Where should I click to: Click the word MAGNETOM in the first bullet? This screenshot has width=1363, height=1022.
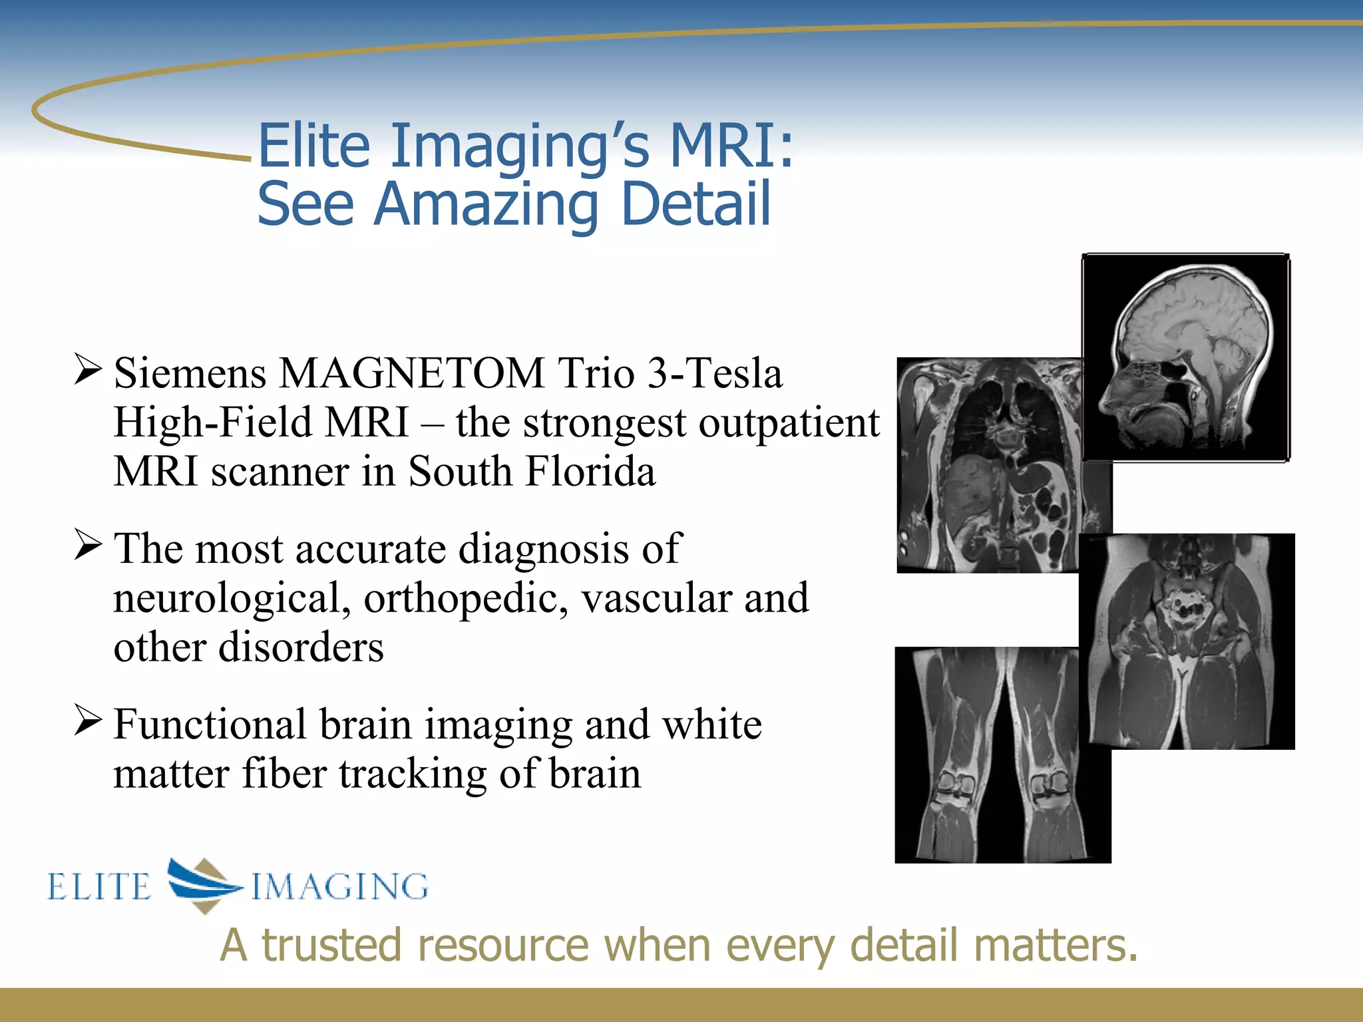[411, 373]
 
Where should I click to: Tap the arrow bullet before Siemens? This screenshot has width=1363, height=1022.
[88, 369]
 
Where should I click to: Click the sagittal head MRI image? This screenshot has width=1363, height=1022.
[1186, 357]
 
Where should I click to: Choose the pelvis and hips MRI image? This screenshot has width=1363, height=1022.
[1186, 641]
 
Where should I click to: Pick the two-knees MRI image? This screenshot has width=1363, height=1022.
[1002, 755]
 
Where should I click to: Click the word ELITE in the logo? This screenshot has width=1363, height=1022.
[100, 887]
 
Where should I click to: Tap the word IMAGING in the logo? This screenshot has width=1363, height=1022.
[339, 887]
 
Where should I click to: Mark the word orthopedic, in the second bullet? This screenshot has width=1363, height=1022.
[466, 598]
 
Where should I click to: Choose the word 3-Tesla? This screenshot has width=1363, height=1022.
[715, 373]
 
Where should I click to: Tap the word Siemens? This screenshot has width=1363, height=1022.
[189, 373]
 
